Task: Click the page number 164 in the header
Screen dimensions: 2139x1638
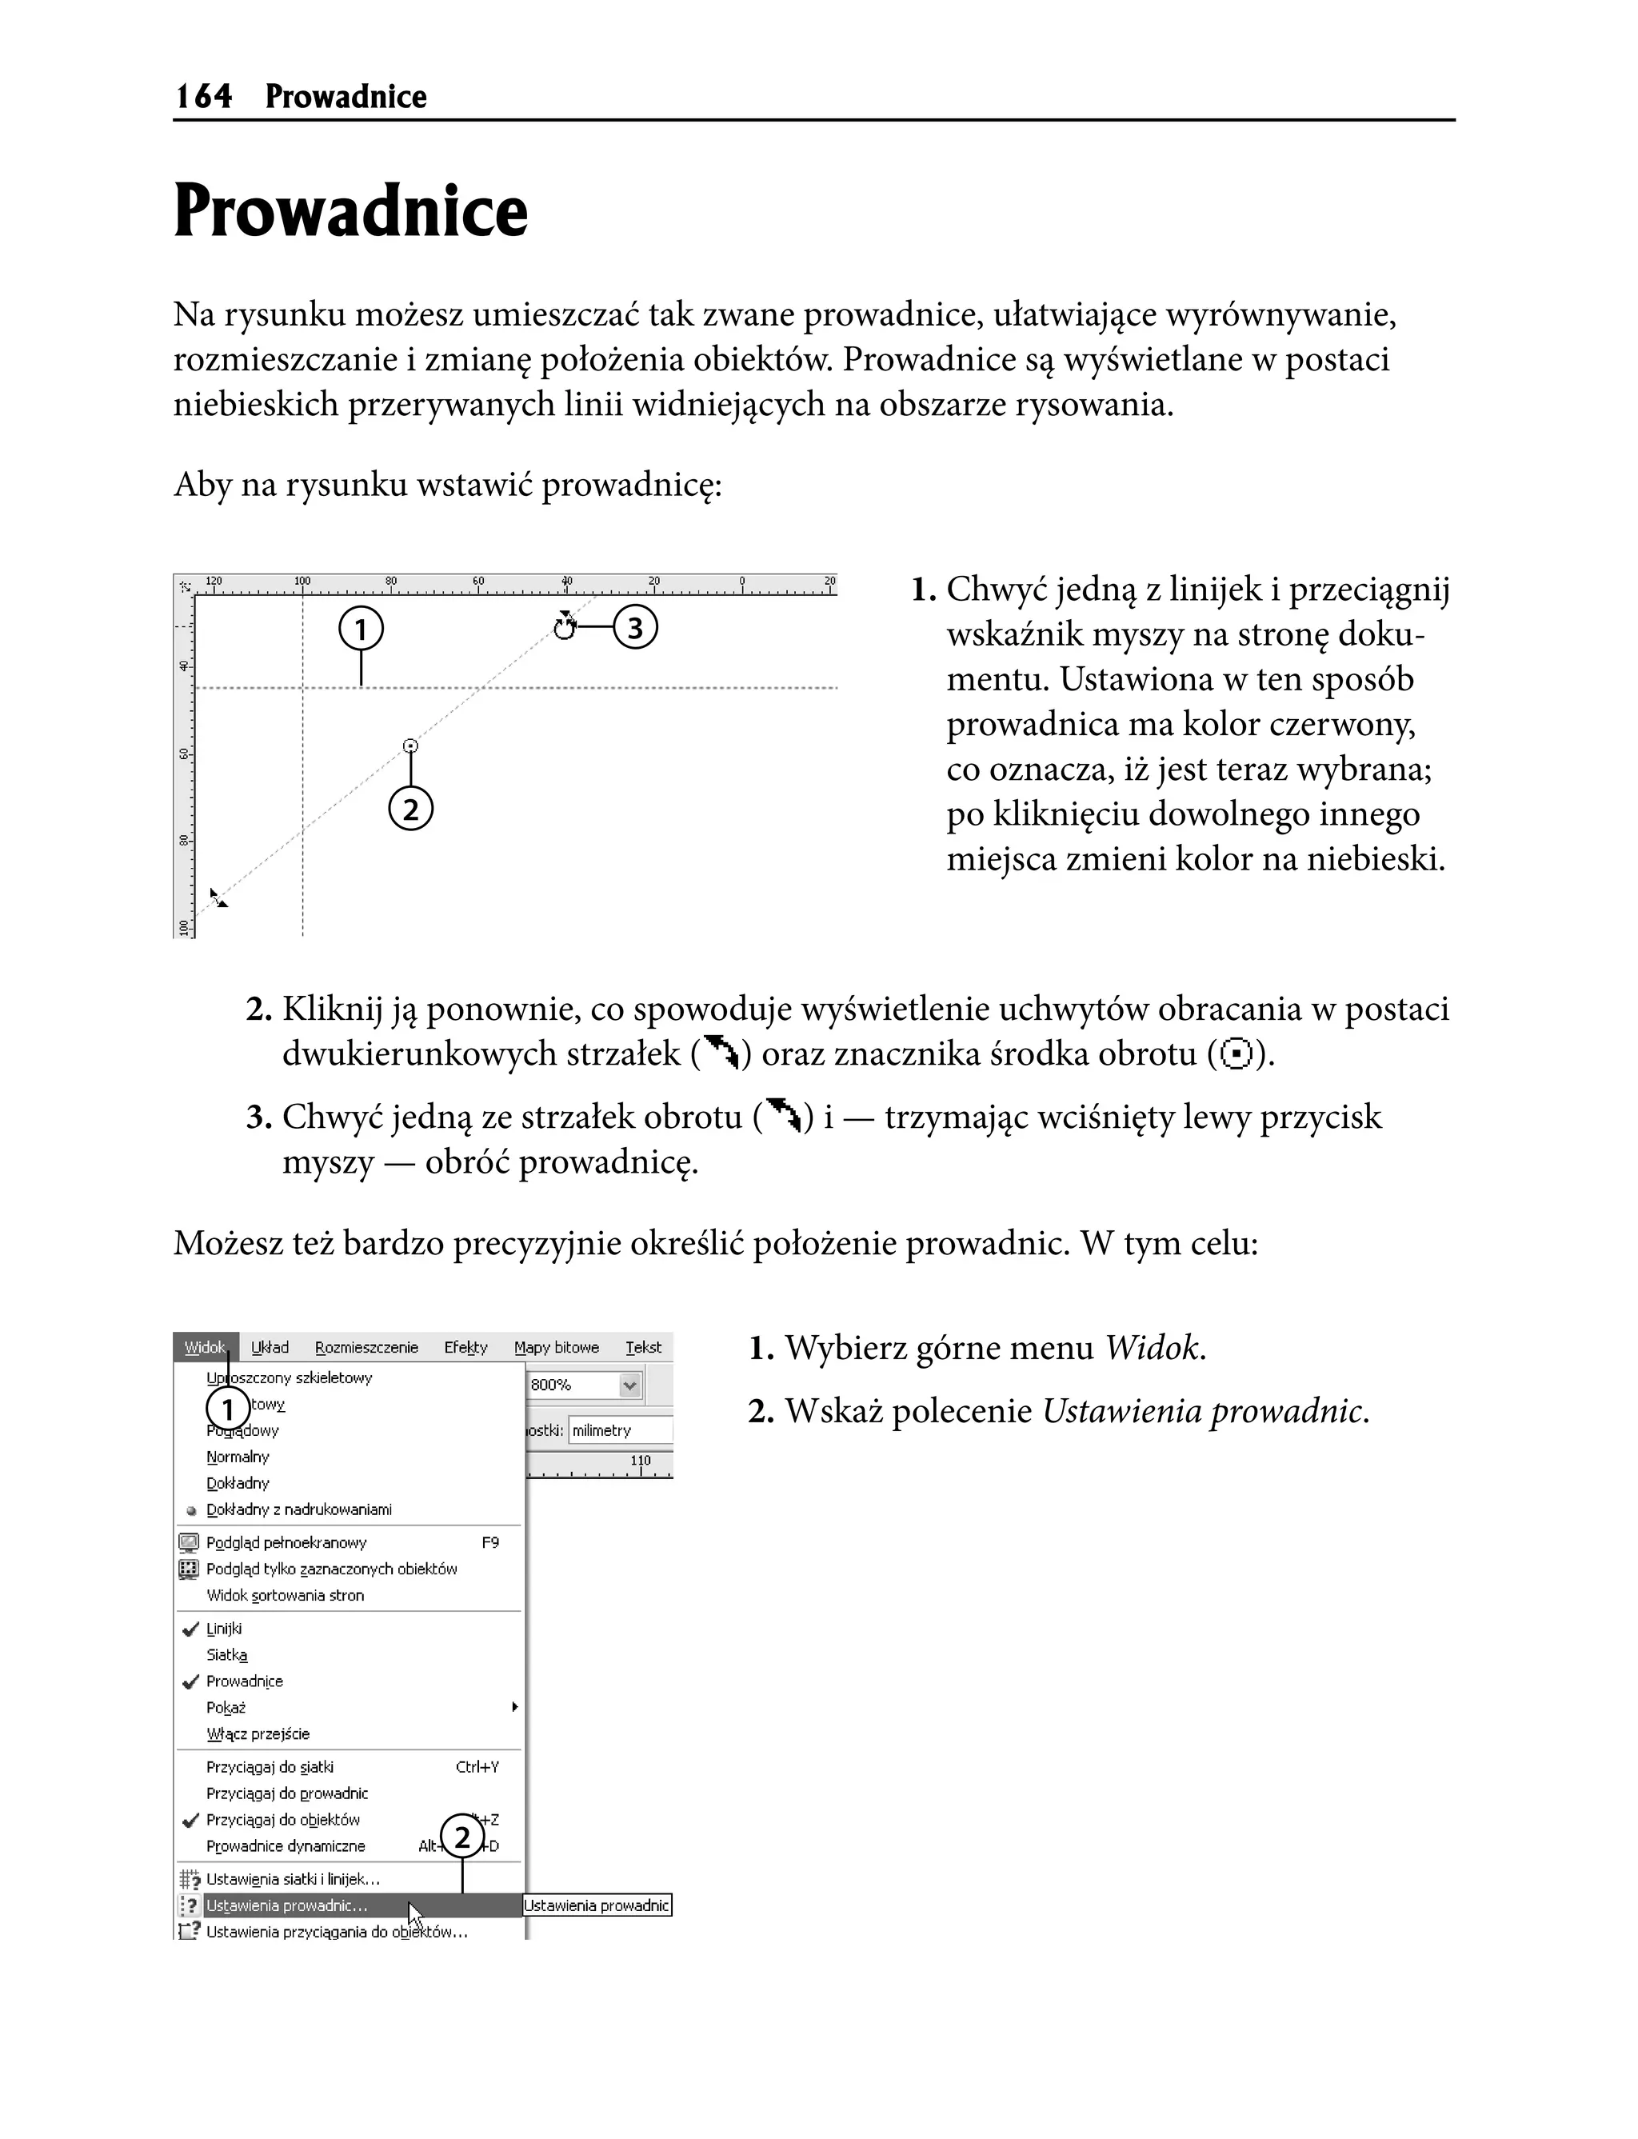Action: click(x=204, y=97)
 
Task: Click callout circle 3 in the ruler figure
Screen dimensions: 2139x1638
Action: click(x=635, y=628)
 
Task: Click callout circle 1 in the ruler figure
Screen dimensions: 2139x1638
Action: click(x=361, y=629)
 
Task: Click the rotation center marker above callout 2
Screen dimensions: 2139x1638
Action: click(x=410, y=747)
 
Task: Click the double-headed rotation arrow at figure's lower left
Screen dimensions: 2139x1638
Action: click(x=219, y=898)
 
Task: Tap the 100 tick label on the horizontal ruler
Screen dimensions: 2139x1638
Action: click(x=302, y=581)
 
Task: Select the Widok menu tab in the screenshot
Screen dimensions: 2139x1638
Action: click(x=205, y=1347)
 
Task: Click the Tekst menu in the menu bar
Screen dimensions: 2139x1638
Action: click(x=642, y=1347)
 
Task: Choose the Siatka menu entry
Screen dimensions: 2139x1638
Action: click(x=226, y=1654)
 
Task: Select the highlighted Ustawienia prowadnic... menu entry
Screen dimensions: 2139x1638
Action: click(x=286, y=1905)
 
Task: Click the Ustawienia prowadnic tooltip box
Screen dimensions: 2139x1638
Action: click(x=597, y=1905)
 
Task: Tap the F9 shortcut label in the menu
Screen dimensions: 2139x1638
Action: click(x=489, y=1542)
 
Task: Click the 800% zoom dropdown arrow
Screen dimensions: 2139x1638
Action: click(x=630, y=1385)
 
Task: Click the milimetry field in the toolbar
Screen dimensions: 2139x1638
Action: click(x=618, y=1430)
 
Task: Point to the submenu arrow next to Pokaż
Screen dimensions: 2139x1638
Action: click(x=515, y=1707)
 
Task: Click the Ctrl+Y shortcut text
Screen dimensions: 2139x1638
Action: click(x=477, y=1766)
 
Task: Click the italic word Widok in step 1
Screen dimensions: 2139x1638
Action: click(x=1150, y=1349)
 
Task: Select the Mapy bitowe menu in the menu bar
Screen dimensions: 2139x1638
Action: click(x=556, y=1347)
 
